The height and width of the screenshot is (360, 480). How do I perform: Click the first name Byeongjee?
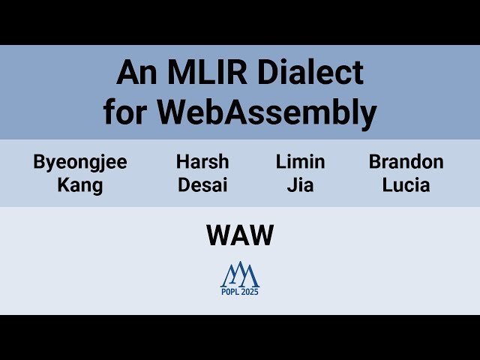pos(80,162)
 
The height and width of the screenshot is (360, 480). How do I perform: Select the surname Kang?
pos(80,185)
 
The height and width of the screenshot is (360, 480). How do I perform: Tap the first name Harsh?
pos(202,162)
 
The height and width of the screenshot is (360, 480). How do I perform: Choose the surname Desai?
pos(202,185)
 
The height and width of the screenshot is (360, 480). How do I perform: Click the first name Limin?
pos(300,162)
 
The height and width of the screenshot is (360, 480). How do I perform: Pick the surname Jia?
pos(300,185)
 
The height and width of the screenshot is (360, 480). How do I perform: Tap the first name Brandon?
pos(406,162)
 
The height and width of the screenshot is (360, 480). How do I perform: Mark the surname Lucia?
pos(406,185)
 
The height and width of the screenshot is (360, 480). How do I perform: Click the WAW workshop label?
pos(240,236)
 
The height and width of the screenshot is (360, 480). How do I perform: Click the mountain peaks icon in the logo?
pos(240,274)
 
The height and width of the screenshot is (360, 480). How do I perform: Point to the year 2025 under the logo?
pos(250,292)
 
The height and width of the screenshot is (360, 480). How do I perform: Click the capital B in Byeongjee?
pos(39,162)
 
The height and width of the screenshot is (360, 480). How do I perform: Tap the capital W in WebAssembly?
pos(173,112)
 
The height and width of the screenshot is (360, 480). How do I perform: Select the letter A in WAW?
pos(240,236)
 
